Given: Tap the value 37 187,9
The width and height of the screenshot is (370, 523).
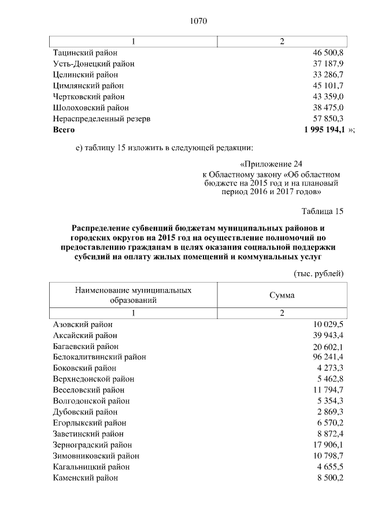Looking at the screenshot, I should pos(328,64).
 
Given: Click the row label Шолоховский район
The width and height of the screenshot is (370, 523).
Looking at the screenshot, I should pos(91,107).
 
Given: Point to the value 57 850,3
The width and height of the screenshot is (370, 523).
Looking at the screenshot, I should pos(328,118).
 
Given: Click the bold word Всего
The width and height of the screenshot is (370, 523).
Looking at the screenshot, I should pos(64,129).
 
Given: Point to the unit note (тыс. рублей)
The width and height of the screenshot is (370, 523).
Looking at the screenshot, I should pos(319,273).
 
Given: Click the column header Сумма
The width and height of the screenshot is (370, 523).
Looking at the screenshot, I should pos(282,295).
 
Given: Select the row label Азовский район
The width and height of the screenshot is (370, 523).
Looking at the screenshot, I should pos(83,324).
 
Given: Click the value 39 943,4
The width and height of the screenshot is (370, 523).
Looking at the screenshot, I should pos(328,335).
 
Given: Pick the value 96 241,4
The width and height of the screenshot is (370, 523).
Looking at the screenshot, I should pos(328,357).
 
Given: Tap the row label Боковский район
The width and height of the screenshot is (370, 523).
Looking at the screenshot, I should pos(85,368).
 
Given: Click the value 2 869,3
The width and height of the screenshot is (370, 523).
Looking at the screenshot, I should pos(330,412).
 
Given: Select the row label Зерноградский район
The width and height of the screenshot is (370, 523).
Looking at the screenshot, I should pos(92,445).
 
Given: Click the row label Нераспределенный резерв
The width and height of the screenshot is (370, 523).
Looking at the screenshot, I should pos(102,118).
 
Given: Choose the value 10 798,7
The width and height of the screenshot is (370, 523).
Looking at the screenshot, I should pos(328,456).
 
